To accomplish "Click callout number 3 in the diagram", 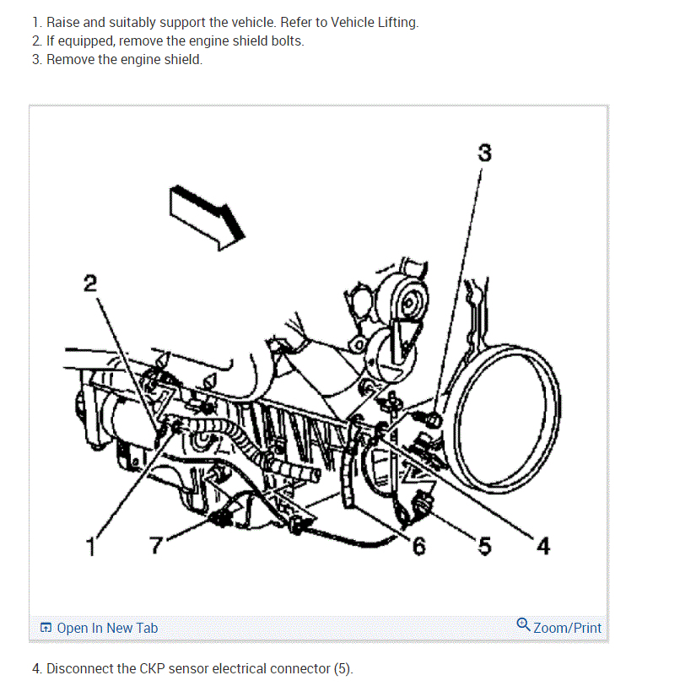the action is click(484, 153).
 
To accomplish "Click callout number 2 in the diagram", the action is click(90, 283).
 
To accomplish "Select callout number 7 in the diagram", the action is click(157, 546).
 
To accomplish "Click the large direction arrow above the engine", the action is click(207, 216).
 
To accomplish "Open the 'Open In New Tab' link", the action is click(107, 628).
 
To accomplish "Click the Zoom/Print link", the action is click(567, 628).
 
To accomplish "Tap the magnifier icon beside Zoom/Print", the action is click(523, 625).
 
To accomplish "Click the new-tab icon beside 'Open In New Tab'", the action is click(46, 629).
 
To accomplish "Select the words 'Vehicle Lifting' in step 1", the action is click(374, 23).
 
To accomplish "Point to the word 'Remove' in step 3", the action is click(71, 60).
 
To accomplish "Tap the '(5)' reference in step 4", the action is click(343, 669).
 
